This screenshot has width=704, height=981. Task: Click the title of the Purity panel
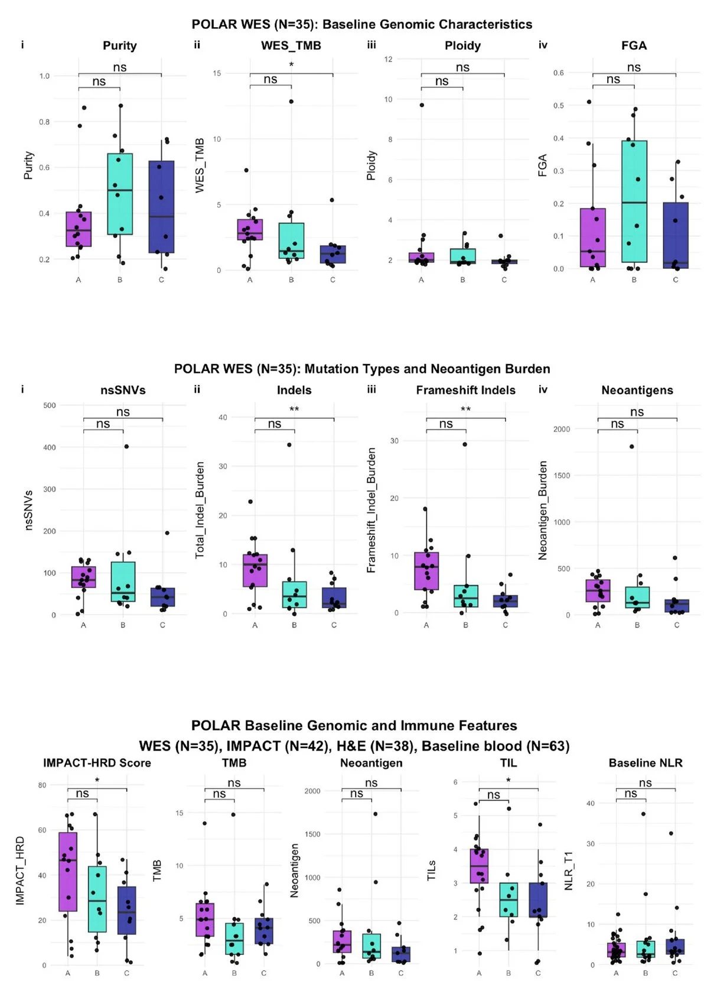pos(119,46)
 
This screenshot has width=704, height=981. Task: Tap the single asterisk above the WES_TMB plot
pos(291,64)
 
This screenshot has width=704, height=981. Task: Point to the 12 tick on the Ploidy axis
pos(388,59)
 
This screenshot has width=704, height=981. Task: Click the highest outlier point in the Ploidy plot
pos(422,105)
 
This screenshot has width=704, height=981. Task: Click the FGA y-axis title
pos(543,165)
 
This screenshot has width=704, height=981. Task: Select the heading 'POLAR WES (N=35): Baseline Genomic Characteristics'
pos(361,24)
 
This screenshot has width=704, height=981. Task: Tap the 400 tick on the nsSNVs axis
pos(50,447)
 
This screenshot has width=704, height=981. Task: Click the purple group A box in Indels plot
pos(255,570)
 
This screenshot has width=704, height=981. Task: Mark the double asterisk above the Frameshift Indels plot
pos(465,410)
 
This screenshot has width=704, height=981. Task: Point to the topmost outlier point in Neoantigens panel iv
pos(632,447)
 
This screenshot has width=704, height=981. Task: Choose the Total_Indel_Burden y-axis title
pos(200,510)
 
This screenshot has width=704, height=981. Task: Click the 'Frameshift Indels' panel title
pos(465,390)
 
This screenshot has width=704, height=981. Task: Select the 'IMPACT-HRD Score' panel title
pos(97,763)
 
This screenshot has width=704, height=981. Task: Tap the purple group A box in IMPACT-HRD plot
pos(68,872)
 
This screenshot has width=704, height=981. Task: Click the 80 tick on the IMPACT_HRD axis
pos(42,785)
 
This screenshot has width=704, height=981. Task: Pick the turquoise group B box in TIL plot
pos(509,899)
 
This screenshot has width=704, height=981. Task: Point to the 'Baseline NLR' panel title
pos(646,763)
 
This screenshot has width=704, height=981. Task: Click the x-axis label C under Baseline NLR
pos(675,973)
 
